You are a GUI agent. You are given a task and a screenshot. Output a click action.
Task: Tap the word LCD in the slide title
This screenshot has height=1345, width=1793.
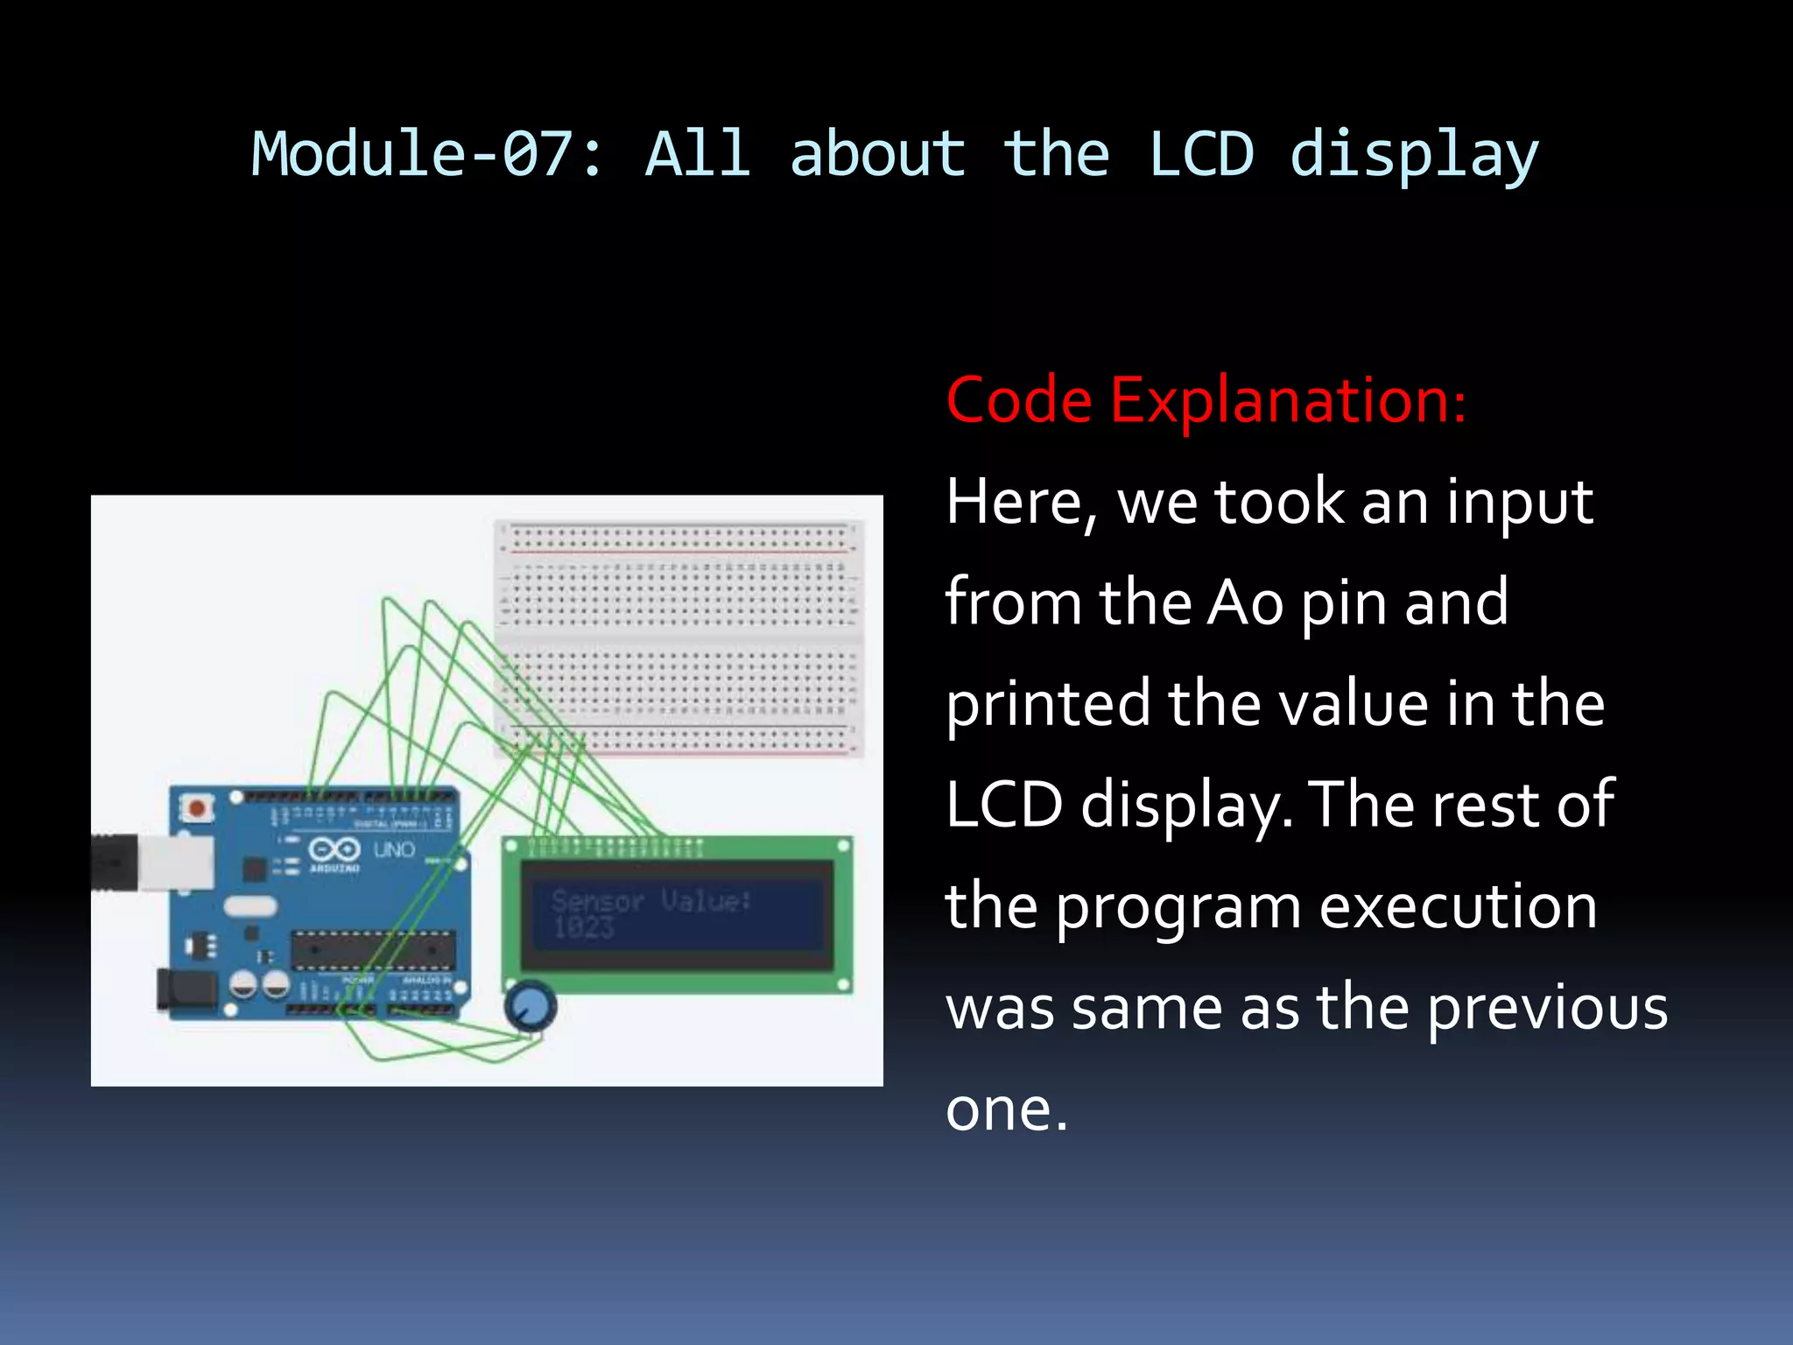[x=1200, y=154]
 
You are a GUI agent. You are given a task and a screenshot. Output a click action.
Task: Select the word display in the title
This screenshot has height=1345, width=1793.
[x=1413, y=156]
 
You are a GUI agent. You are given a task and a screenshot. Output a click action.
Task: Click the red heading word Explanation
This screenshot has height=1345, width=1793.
[x=1287, y=400]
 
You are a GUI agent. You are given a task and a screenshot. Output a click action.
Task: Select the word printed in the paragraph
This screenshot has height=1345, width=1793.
[x=1047, y=705]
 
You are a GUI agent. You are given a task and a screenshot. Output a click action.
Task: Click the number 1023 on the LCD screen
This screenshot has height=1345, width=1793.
[x=584, y=927]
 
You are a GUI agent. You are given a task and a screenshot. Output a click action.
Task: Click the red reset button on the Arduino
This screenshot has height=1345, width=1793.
[x=198, y=807]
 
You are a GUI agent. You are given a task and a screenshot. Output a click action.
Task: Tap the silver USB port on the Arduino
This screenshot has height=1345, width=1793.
[x=176, y=863]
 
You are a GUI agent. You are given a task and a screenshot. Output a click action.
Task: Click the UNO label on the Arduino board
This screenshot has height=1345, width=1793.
[x=394, y=849]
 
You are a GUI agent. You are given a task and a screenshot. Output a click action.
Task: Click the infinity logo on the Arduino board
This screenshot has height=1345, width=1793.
[x=334, y=849]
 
